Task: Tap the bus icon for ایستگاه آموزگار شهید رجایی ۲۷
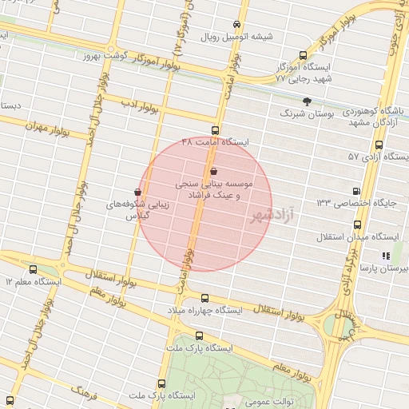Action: coord(302,55)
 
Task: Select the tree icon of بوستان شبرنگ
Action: coord(308,101)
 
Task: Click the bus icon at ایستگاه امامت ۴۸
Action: coord(214,129)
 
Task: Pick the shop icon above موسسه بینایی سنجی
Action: coord(212,172)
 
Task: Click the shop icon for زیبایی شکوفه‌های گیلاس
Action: coord(138,192)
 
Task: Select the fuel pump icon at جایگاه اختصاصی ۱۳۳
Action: coord(355,191)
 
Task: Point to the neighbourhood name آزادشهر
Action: coord(272,216)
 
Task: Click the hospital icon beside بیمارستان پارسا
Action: coord(387,256)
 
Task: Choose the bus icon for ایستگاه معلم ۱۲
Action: coord(33,269)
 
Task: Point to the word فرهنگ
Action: coord(83,391)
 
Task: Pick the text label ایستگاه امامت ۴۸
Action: coord(216,141)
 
